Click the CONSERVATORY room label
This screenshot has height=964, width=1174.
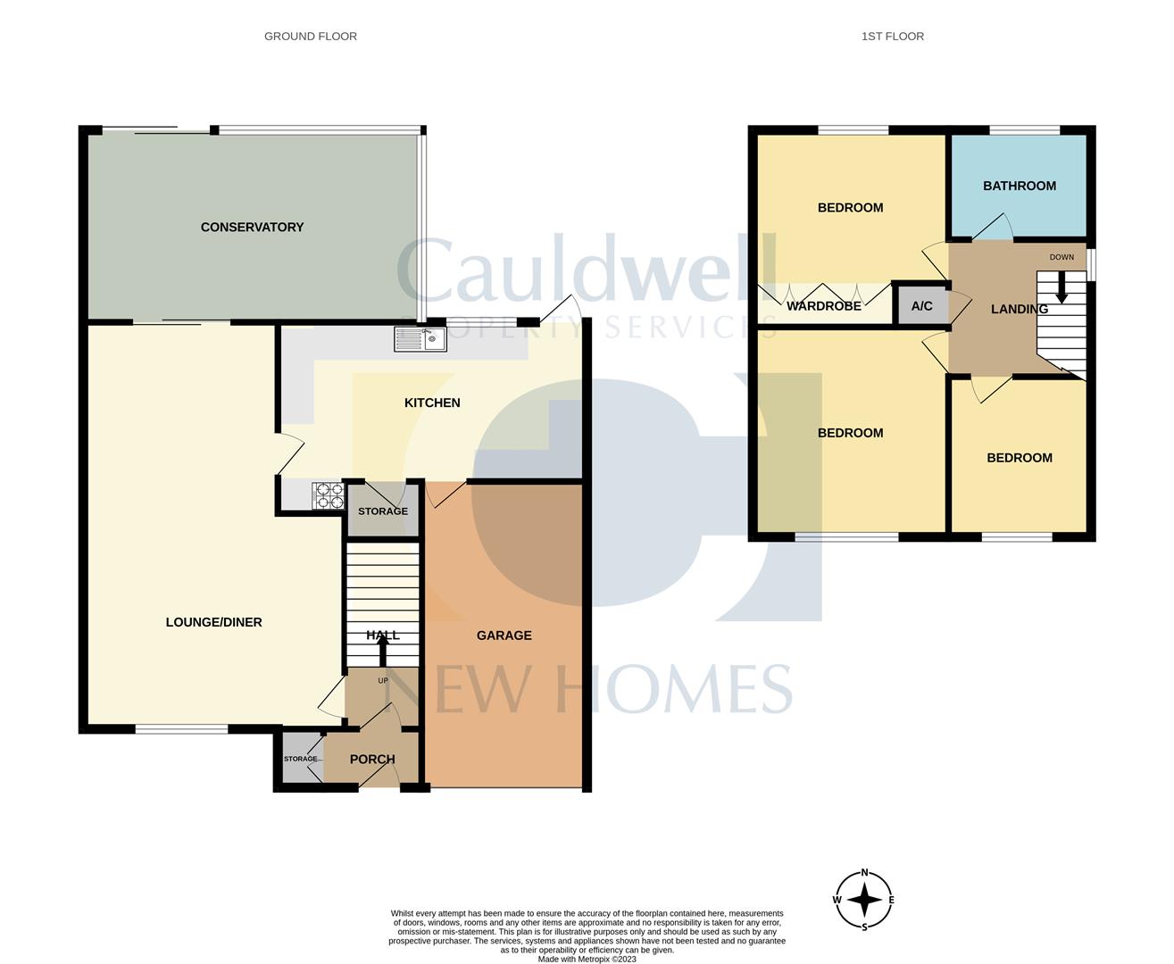pyautogui.click(x=252, y=227)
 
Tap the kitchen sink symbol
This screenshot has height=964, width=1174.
pyautogui.click(x=420, y=339)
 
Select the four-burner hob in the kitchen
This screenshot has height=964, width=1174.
pyautogui.click(x=328, y=495)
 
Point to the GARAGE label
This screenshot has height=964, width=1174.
pyautogui.click(x=504, y=636)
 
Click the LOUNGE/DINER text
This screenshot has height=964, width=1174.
pyautogui.click(x=213, y=622)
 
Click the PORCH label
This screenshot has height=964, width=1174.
pyautogui.click(x=372, y=760)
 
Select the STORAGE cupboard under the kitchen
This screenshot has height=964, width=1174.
pyautogui.click(x=382, y=511)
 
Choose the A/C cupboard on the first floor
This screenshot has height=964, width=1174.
pyautogui.click(x=921, y=306)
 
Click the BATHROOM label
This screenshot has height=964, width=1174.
pyautogui.click(x=1019, y=186)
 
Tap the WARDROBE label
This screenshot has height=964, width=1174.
pyautogui.click(x=823, y=306)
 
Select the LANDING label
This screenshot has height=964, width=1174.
pyautogui.click(x=1019, y=309)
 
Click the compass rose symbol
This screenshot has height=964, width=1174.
pyautogui.click(x=864, y=900)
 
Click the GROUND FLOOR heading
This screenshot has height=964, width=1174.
pyautogui.click(x=310, y=37)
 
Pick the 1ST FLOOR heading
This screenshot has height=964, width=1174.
pyautogui.click(x=892, y=37)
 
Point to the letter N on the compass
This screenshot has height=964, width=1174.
pyautogui.click(x=864, y=873)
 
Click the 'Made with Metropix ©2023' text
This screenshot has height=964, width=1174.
pyautogui.click(x=587, y=960)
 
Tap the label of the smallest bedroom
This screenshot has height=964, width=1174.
pyautogui.click(x=1019, y=458)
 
